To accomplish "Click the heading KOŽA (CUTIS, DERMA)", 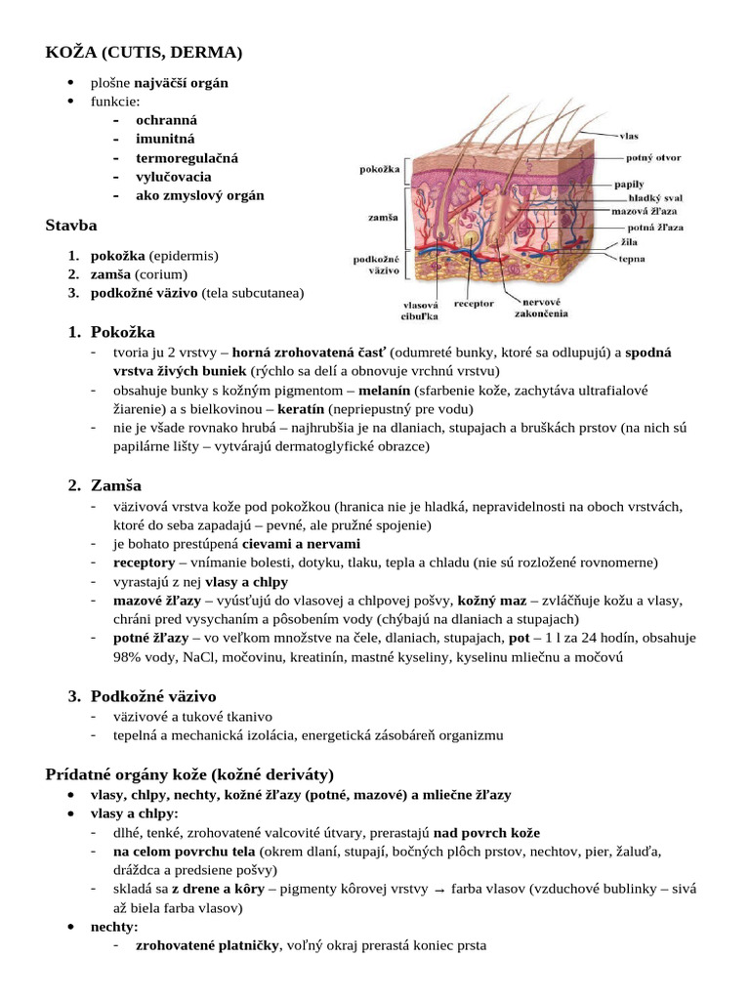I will (144, 51).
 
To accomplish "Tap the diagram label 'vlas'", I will (630, 135).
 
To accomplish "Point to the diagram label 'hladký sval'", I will (655, 196).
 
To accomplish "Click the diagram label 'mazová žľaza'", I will (645, 210).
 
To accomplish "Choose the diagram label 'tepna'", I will (630, 259).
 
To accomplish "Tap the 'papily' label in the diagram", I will (628, 183).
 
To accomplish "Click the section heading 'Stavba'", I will (70, 226).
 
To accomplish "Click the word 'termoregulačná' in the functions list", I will (187, 157).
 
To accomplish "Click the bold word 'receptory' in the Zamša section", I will (144, 562).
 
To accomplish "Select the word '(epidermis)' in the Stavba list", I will (184, 256).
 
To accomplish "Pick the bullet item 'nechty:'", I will (114, 926).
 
